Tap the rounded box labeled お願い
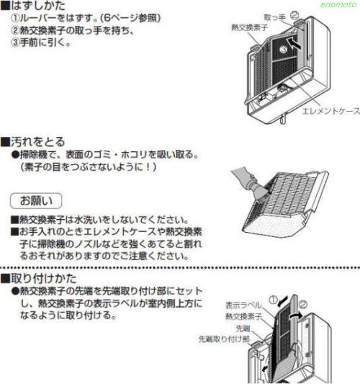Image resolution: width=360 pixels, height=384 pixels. pyautogui.click(x=36, y=201)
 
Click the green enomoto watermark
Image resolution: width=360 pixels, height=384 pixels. pyautogui.click(x=338, y=4)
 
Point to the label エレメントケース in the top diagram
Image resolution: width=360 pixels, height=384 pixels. pyautogui.click(x=330, y=111)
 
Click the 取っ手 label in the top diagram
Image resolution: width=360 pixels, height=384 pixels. pyautogui.click(x=274, y=17)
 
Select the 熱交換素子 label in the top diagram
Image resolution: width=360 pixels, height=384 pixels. pyautogui.click(x=249, y=27)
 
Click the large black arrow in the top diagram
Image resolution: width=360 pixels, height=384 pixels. pyautogui.click(x=294, y=43)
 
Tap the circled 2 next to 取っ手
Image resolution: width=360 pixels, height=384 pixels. pyautogui.click(x=294, y=16)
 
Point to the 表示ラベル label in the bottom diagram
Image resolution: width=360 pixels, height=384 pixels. pyautogui.click(x=243, y=305)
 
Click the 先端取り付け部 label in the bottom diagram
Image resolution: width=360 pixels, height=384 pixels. pyautogui.click(x=224, y=339)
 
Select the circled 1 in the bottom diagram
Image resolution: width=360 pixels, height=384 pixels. pyautogui.click(x=273, y=300)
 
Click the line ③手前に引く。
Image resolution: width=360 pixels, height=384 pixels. pyautogui.click(x=40, y=43)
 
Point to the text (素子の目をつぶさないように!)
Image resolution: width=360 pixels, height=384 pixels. pyautogui.click(x=89, y=167)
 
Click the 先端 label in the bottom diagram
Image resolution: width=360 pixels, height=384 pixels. pyautogui.click(x=243, y=329)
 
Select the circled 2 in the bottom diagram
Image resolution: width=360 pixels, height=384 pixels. pyautogui.click(x=303, y=305)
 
